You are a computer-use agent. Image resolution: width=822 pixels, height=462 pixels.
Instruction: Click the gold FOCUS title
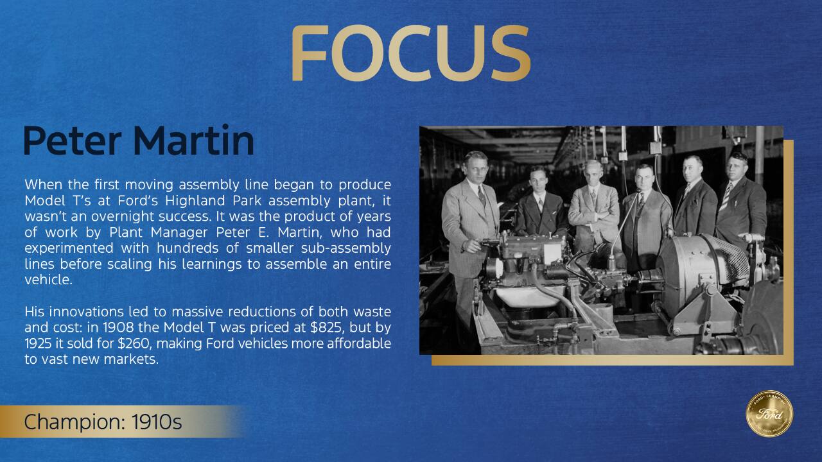411,53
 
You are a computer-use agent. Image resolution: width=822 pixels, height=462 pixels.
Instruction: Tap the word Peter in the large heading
73,141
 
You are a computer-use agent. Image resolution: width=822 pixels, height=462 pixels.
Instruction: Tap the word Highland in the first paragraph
193,201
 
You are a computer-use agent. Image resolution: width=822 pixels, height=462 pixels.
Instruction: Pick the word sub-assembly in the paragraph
345,248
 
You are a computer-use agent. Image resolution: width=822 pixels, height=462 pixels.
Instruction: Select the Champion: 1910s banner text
103,422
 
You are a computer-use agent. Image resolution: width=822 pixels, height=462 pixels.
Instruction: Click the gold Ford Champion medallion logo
769,414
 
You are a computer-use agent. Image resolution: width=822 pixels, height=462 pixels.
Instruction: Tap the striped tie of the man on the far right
725,197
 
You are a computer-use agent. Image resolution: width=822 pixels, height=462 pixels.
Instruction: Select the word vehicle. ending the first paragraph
48,280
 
